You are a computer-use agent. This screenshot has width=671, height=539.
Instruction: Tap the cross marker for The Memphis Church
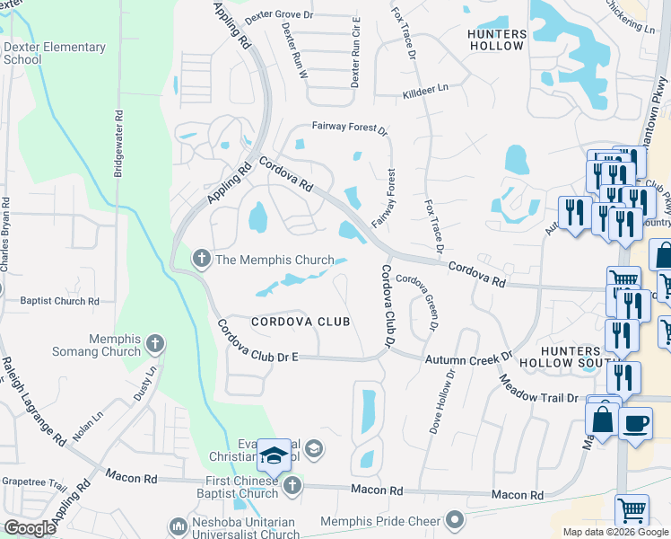(202, 261)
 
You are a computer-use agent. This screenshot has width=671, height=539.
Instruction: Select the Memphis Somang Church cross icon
(155, 344)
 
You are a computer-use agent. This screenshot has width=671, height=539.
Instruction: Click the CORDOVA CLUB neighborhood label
(300, 322)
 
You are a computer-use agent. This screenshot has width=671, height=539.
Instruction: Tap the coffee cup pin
(636, 423)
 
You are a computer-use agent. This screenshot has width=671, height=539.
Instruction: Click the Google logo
(30, 528)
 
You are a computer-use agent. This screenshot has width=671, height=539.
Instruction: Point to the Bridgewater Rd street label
(118, 144)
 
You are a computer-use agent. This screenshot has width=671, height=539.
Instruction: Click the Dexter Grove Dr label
(266, 15)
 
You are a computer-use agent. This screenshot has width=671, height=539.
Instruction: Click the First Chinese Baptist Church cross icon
(291, 486)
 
